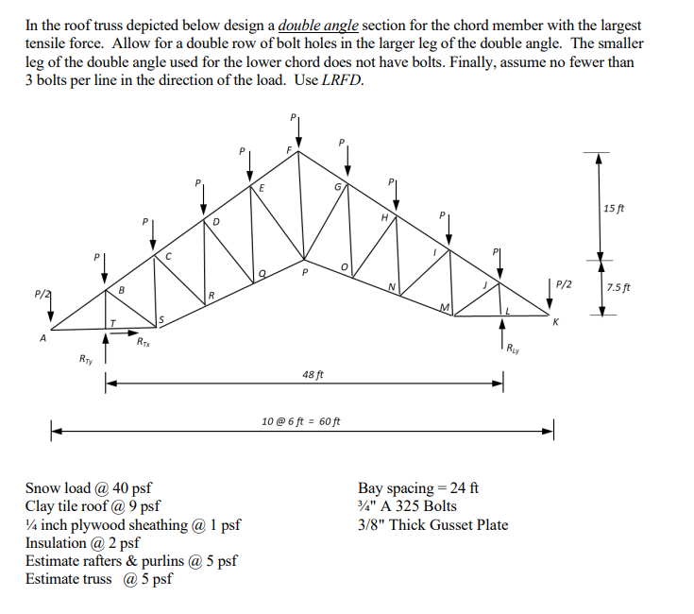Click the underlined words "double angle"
313,26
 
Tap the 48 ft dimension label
313,374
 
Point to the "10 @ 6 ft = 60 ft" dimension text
301,420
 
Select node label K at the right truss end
555,323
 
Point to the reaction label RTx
142,341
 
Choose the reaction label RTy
86,359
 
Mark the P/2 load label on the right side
565,282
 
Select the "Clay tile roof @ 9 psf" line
95,506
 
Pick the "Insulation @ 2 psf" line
83,543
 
